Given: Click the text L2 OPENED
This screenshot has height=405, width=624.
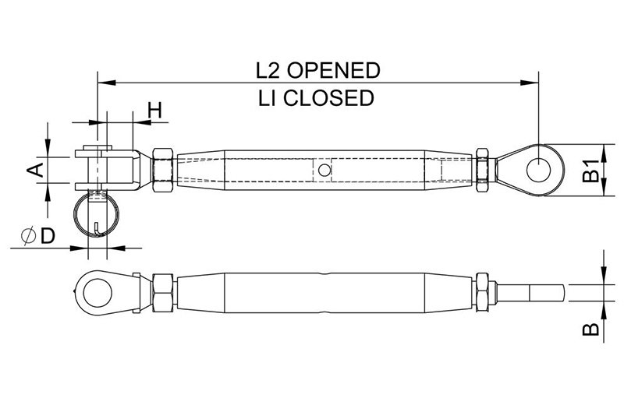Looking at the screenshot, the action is (x=317, y=70).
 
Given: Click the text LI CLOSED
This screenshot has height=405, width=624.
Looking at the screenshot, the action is (x=316, y=98).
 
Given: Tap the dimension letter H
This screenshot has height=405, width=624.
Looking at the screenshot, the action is (x=154, y=110).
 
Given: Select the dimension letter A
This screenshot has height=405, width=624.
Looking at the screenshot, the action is (x=35, y=170).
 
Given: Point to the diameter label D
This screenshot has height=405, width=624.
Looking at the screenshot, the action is (x=48, y=236).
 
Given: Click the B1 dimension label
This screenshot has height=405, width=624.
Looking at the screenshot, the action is (x=590, y=170).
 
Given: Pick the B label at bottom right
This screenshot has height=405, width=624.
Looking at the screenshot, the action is (x=590, y=329).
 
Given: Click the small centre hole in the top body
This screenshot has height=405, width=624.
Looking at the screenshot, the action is (x=324, y=170).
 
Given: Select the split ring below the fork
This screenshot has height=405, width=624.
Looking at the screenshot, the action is (x=96, y=215).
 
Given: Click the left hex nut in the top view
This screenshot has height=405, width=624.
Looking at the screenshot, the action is (x=162, y=170).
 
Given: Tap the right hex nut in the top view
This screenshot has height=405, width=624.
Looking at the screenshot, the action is (x=482, y=170).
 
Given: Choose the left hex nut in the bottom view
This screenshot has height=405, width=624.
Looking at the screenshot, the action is (x=162, y=293).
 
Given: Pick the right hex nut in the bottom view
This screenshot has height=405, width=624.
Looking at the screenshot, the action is (x=482, y=293).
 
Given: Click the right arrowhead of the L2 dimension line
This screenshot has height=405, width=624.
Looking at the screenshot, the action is (x=530, y=83).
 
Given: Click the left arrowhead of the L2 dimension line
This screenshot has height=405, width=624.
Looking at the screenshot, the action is (x=107, y=83).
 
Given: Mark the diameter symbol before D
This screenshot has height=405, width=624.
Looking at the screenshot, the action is (x=29, y=236).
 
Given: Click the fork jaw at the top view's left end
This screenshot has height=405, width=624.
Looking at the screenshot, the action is (x=108, y=170).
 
